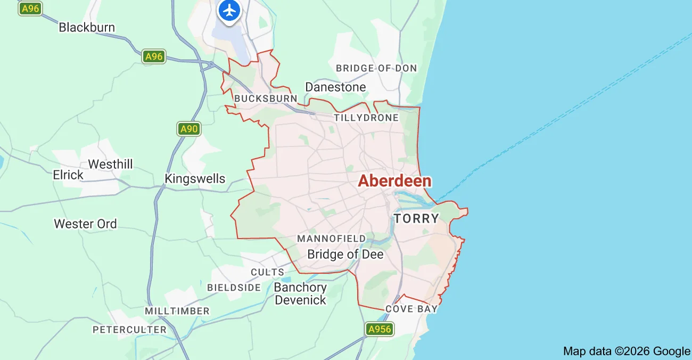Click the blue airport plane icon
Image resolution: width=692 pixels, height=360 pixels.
point(229,10)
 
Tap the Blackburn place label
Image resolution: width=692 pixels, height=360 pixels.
point(87,27)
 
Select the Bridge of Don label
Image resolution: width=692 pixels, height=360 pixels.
point(376,68)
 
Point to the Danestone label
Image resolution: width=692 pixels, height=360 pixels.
point(335,87)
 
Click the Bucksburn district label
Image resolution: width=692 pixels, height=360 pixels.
point(266,99)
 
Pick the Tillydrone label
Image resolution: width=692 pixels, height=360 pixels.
point(366,118)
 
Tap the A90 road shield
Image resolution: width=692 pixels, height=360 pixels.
point(188,129)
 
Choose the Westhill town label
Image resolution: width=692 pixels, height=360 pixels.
point(110,164)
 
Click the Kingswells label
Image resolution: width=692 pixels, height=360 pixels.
point(195,179)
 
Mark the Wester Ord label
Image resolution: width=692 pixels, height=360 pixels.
point(85,224)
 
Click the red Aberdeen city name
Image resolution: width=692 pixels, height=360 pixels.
point(394,181)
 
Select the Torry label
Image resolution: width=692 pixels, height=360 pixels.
point(416,218)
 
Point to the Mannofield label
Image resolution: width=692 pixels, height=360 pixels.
point(332,239)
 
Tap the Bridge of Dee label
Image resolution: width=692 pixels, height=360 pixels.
point(345,255)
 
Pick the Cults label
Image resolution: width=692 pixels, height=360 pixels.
point(268,272)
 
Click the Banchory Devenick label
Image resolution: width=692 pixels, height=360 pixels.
point(300,293)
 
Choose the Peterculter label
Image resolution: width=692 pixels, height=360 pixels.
point(130,330)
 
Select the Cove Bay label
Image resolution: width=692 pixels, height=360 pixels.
point(411,309)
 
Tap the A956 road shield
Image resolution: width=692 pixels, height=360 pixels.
point(380,329)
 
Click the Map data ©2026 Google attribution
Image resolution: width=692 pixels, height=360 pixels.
point(627,351)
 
